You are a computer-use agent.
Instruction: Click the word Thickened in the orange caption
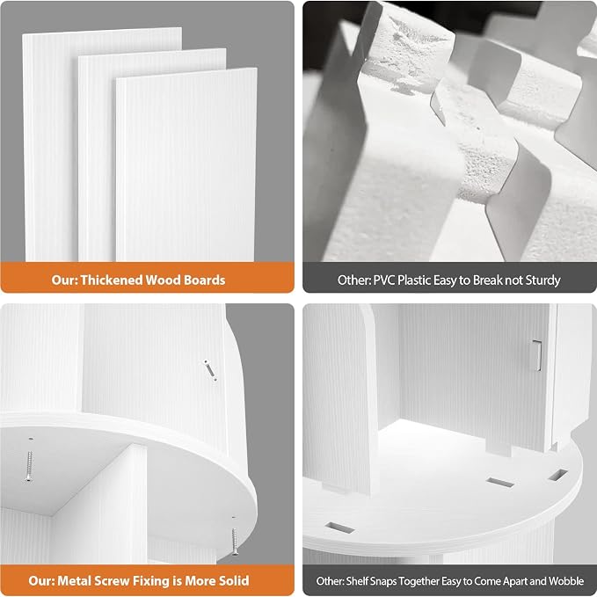click(x=113, y=280)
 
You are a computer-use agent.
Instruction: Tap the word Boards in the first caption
click(x=205, y=280)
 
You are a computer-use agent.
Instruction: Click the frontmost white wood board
click(x=186, y=164)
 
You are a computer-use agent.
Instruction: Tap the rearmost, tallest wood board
click(x=49, y=145)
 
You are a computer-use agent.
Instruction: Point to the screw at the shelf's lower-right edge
click(x=235, y=541)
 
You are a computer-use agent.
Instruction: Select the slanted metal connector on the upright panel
click(x=210, y=370)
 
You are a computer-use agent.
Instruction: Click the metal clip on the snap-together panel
click(x=537, y=355)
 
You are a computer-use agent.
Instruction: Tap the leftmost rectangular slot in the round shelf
click(x=340, y=528)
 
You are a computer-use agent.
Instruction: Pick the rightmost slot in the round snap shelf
click(x=557, y=475)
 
